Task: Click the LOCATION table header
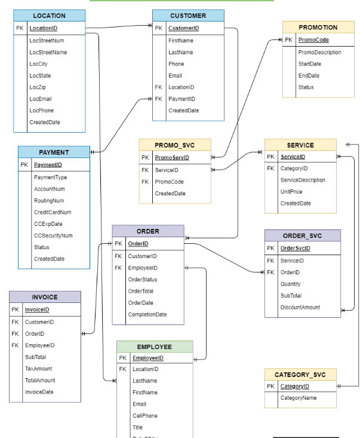tap(49, 16)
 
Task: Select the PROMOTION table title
tap(318, 27)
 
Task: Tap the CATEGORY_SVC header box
tap(300, 375)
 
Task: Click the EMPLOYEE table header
tap(155, 347)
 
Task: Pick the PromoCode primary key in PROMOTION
tap(313, 40)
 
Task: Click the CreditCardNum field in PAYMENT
tap(53, 212)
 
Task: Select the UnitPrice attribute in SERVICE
tap(291, 192)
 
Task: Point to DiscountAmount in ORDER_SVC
tap(300, 308)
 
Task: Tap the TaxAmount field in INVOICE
tap(38, 369)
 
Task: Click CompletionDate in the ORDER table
tap(147, 314)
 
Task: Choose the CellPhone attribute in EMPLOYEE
tap(145, 416)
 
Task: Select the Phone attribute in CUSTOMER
tap(176, 64)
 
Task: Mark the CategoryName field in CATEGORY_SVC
tap(299, 398)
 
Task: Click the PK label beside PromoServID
tap(145, 158)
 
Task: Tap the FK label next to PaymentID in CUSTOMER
tap(158, 99)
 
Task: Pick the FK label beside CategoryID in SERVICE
tap(270, 169)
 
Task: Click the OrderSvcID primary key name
tap(295, 249)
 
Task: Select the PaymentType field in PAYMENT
tap(50, 177)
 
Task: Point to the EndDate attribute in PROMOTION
tap(309, 76)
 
